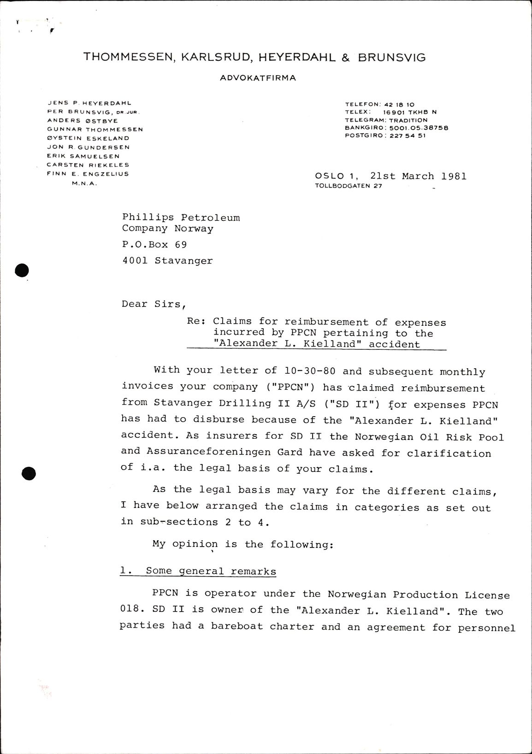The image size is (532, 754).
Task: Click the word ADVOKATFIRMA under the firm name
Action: (258, 78)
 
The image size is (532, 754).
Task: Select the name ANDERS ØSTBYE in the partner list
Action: (83, 121)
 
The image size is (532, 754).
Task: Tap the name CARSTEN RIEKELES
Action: (88, 165)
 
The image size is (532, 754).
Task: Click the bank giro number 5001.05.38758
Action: (419, 128)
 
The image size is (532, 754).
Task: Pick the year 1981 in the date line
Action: (454, 176)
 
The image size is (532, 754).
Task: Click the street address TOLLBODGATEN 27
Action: (349, 186)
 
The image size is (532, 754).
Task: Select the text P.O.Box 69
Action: (154, 244)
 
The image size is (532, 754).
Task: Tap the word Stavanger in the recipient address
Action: (183, 261)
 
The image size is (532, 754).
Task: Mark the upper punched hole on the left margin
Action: (22, 271)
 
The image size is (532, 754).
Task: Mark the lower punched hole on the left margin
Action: (29, 473)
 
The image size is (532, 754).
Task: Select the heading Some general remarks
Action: (211, 571)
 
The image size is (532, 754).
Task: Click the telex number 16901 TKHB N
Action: (410, 112)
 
